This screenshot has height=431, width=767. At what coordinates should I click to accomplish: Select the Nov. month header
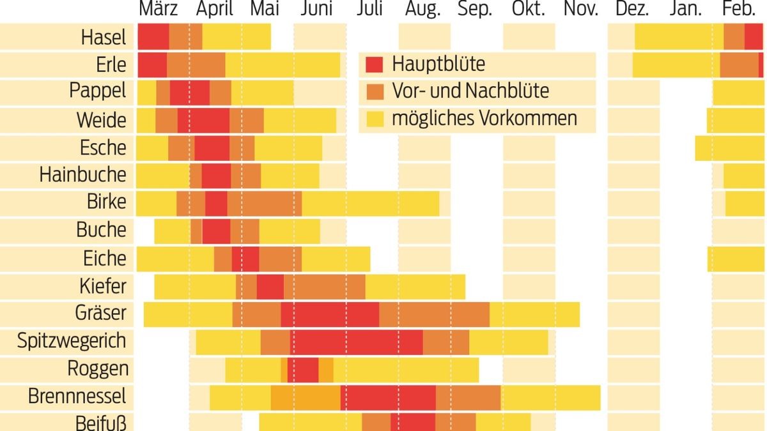[580, 10]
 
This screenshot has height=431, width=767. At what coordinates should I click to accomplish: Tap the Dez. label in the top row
[631, 10]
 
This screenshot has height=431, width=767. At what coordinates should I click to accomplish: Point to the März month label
[158, 10]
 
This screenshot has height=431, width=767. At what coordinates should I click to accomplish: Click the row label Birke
[106, 202]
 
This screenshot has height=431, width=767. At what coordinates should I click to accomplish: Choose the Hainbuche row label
[82, 175]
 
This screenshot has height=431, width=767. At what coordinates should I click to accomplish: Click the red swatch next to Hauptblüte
[375, 64]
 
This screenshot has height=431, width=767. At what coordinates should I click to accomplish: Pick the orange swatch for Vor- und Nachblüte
[375, 92]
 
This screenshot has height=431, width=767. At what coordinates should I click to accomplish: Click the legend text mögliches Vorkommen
[484, 119]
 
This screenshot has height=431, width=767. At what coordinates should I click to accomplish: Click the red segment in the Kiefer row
[270, 287]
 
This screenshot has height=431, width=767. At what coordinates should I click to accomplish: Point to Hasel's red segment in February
[754, 37]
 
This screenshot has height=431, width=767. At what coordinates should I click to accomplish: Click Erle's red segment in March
[152, 64]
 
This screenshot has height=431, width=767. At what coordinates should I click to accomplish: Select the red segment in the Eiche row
[245, 259]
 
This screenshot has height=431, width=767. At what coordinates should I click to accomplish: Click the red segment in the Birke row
[216, 202]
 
